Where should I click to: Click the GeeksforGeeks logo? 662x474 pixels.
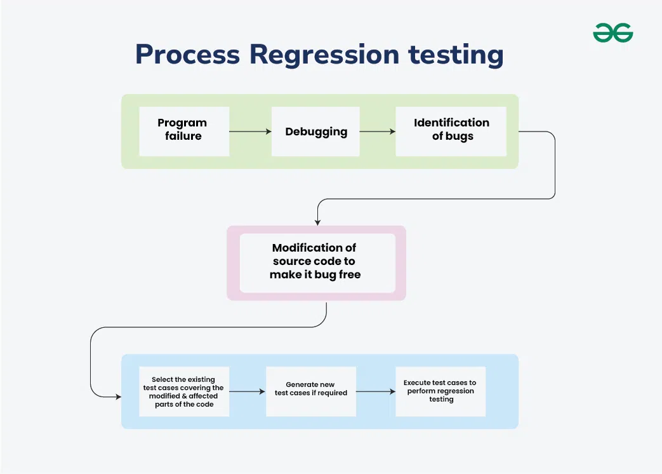click(x=612, y=32)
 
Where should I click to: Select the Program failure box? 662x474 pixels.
click(x=184, y=131)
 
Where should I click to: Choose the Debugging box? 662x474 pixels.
click(x=315, y=132)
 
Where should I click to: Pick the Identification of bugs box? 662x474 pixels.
click(x=451, y=131)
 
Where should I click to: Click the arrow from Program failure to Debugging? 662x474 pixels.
click(x=250, y=132)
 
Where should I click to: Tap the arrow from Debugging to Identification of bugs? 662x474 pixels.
click(x=377, y=132)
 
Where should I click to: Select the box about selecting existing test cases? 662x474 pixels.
click(x=184, y=391)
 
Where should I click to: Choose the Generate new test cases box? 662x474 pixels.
click(x=310, y=391)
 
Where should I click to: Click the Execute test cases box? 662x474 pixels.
click(x=440, y=391)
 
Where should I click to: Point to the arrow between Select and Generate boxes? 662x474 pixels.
click(x=247, y=391)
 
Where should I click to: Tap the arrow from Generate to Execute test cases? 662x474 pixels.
click(x=375, y=391)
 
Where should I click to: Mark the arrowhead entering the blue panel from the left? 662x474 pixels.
click(x=117, y=397)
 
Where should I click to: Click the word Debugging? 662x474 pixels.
click(x=316, y=132)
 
